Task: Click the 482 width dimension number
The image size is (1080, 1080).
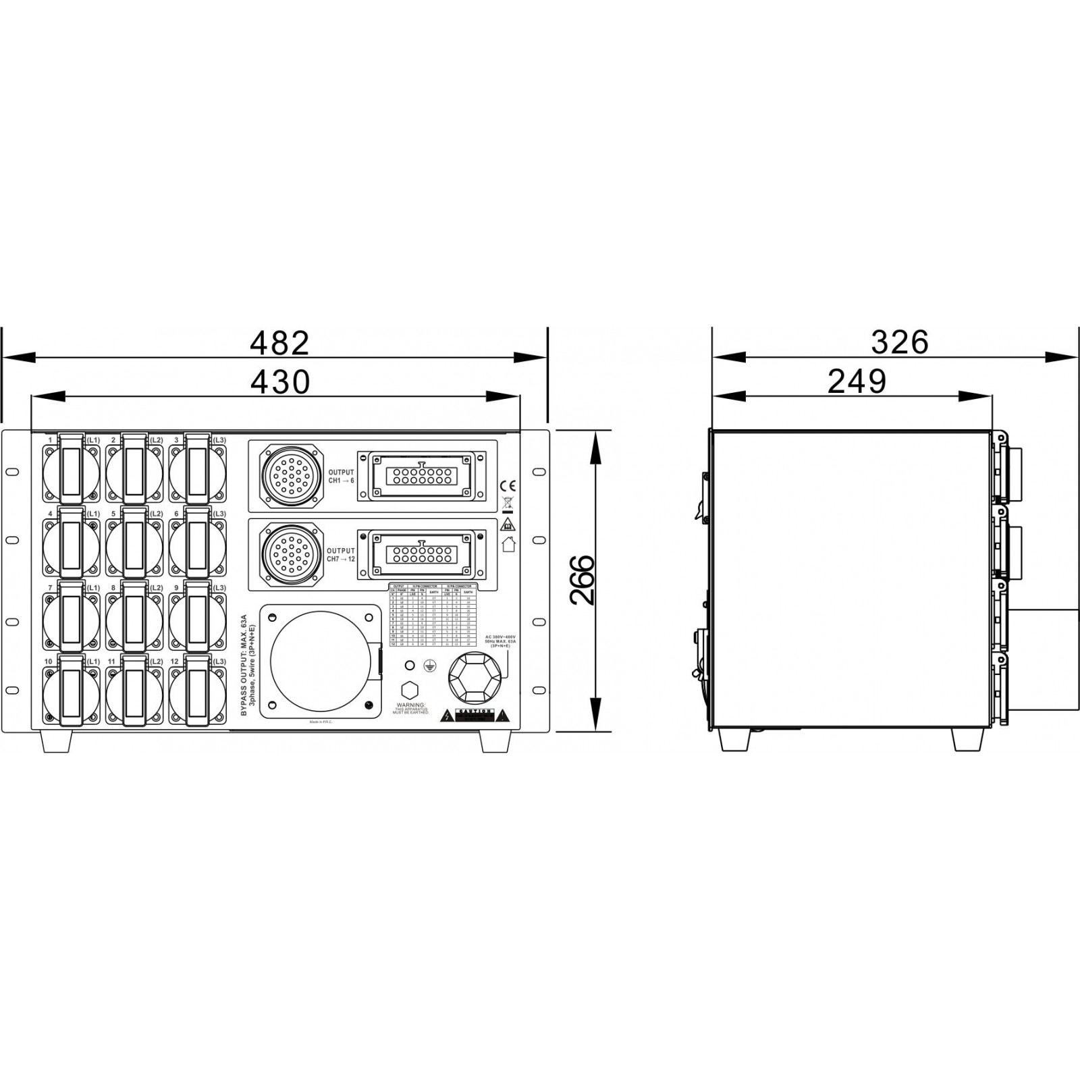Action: [279, 344]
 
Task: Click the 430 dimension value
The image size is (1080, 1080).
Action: [279, 382]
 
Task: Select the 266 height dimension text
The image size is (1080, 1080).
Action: [581, 580]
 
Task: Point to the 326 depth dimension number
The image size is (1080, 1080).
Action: [899, 343]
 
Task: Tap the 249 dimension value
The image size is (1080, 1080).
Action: [857, 382]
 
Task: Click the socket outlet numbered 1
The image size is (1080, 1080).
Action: [71, 470]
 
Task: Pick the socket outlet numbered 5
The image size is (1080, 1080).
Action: [134, 544]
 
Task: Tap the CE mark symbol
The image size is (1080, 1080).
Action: [508, 485]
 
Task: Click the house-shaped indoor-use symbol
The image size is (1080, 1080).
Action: [508, 544]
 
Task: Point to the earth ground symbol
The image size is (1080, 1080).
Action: [428, 666]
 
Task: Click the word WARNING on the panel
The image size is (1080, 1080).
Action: [410, 704]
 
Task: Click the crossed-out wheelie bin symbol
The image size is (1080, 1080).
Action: [508, 503]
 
